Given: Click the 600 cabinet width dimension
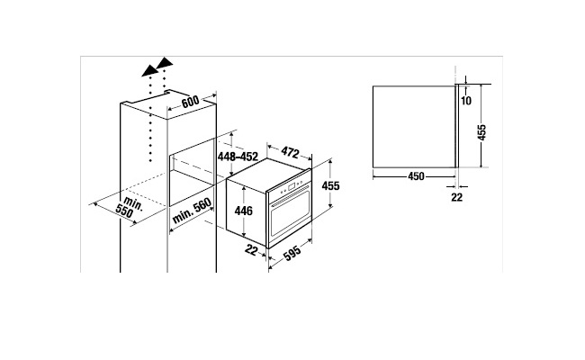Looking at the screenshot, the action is click(191, 102).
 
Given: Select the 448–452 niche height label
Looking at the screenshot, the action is click(238, 157).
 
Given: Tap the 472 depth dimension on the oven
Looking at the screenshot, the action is click(290, 152).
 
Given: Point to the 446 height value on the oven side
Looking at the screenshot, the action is click(243, 211).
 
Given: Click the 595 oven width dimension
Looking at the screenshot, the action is click(292, 253).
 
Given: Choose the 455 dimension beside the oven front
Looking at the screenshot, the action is click(330, 185).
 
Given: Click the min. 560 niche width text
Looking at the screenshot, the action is click(192, 211).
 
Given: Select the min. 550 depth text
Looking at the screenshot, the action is click(129, 207).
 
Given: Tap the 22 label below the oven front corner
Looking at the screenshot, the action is click(251, 250).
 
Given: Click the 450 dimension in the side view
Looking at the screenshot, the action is click(416, 176).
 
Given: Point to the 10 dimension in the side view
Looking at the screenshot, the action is click(466, 101).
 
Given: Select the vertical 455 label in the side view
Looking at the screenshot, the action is click(482, 132).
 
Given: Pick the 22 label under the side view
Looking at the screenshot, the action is click(456, 197).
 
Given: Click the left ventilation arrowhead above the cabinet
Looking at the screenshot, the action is click(150, 70).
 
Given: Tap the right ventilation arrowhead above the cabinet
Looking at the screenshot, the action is click(165, 63).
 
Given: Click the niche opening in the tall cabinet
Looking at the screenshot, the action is click(192, 173).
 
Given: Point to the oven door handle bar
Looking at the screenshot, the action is click(291, 197).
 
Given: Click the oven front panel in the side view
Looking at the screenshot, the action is click(456, 126).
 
